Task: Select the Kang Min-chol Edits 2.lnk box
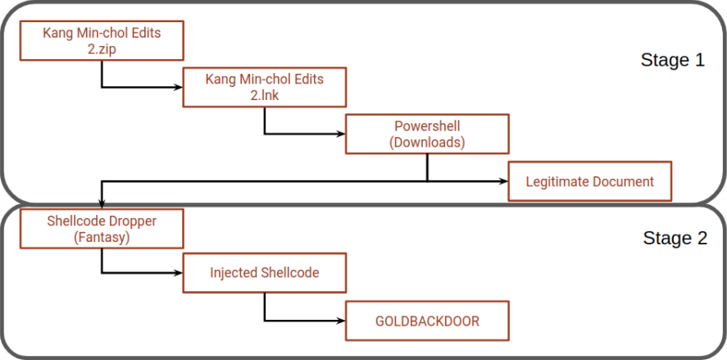(x=264, y=87)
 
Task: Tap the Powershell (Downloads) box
(x=427, y=134)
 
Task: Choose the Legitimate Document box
(x=590, y=181)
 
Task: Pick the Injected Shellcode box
(x=264, y=273)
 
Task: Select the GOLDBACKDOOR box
(x=427, y=321)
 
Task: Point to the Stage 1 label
(x=672, y=61)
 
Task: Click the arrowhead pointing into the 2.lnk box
(x=178, y=86)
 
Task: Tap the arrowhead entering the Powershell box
(x=341, y=133)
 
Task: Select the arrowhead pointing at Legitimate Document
(x=503, y=180)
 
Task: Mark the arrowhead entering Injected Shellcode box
(x=178, y=273)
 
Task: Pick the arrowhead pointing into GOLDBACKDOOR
(x=341, y=321)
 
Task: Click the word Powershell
(x=427, y=126)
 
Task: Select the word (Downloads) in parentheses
(x=427, y=142)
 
